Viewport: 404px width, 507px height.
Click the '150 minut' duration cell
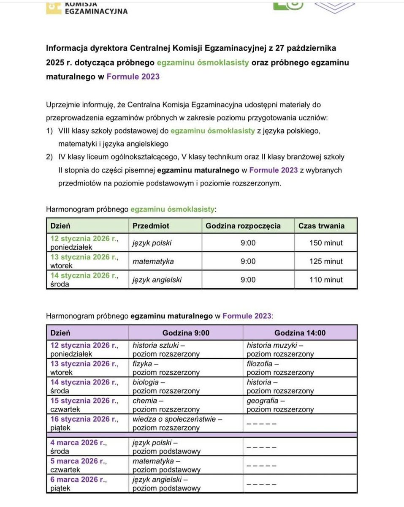coord(325,243)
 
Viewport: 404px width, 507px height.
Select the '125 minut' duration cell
coord(325,261)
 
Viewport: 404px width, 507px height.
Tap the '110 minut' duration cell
coord(325,280)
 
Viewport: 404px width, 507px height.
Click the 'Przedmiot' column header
coord(151,226)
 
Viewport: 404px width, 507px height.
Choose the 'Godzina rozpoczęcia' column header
coord(243,226)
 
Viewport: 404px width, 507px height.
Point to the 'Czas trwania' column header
coord(321,226)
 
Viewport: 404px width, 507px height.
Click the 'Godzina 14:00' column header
coord(300,333)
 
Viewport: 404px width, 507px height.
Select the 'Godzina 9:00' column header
coord(186,333)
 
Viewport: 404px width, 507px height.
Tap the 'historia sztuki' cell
coord(166,349)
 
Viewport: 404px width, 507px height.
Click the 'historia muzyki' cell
coord(280,349)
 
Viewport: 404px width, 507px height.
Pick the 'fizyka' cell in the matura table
coord(166,368)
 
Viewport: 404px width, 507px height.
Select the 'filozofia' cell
coord(280,368)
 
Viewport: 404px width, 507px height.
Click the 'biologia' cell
coord(166,386)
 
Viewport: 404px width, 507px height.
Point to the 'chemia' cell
coord(166,405)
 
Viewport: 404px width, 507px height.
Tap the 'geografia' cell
coord(280,405)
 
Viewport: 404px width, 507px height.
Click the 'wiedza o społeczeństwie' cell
coord(177,423)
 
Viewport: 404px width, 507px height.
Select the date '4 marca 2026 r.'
coord(79,443)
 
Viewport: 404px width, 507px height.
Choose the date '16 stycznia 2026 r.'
coord(84,419)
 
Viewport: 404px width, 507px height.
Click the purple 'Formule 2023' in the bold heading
coord(133,77)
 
